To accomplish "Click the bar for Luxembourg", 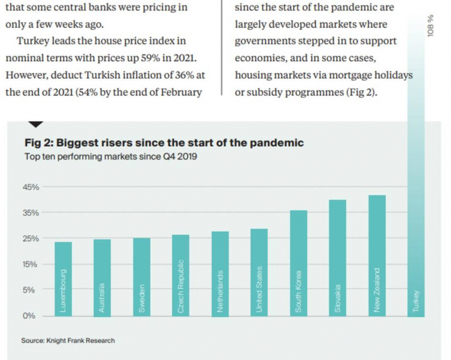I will (63, 278).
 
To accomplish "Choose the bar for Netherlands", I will (220, 273).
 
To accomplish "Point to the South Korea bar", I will (298, 262).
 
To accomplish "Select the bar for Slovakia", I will (338, 257).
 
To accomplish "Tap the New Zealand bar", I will (377, 255).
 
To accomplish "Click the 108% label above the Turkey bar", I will (430, 26).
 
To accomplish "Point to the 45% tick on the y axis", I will (31, 187).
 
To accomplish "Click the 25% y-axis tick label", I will (31, 238).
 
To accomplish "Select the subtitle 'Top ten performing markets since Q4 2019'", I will (110, 156).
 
